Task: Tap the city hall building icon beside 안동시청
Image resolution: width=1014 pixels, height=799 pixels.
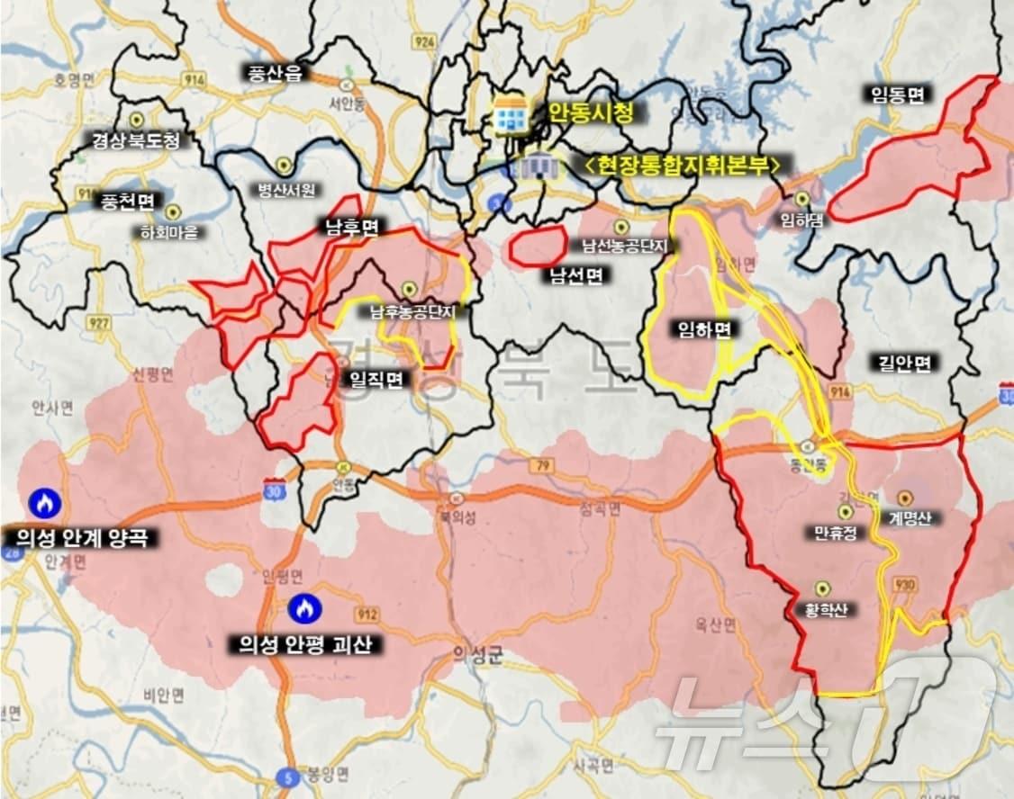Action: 511,114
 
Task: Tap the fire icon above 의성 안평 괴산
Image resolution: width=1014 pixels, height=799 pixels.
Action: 304,609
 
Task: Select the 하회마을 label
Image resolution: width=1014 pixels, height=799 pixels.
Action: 168,232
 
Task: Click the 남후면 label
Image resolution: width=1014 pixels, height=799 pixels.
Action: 351,227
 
